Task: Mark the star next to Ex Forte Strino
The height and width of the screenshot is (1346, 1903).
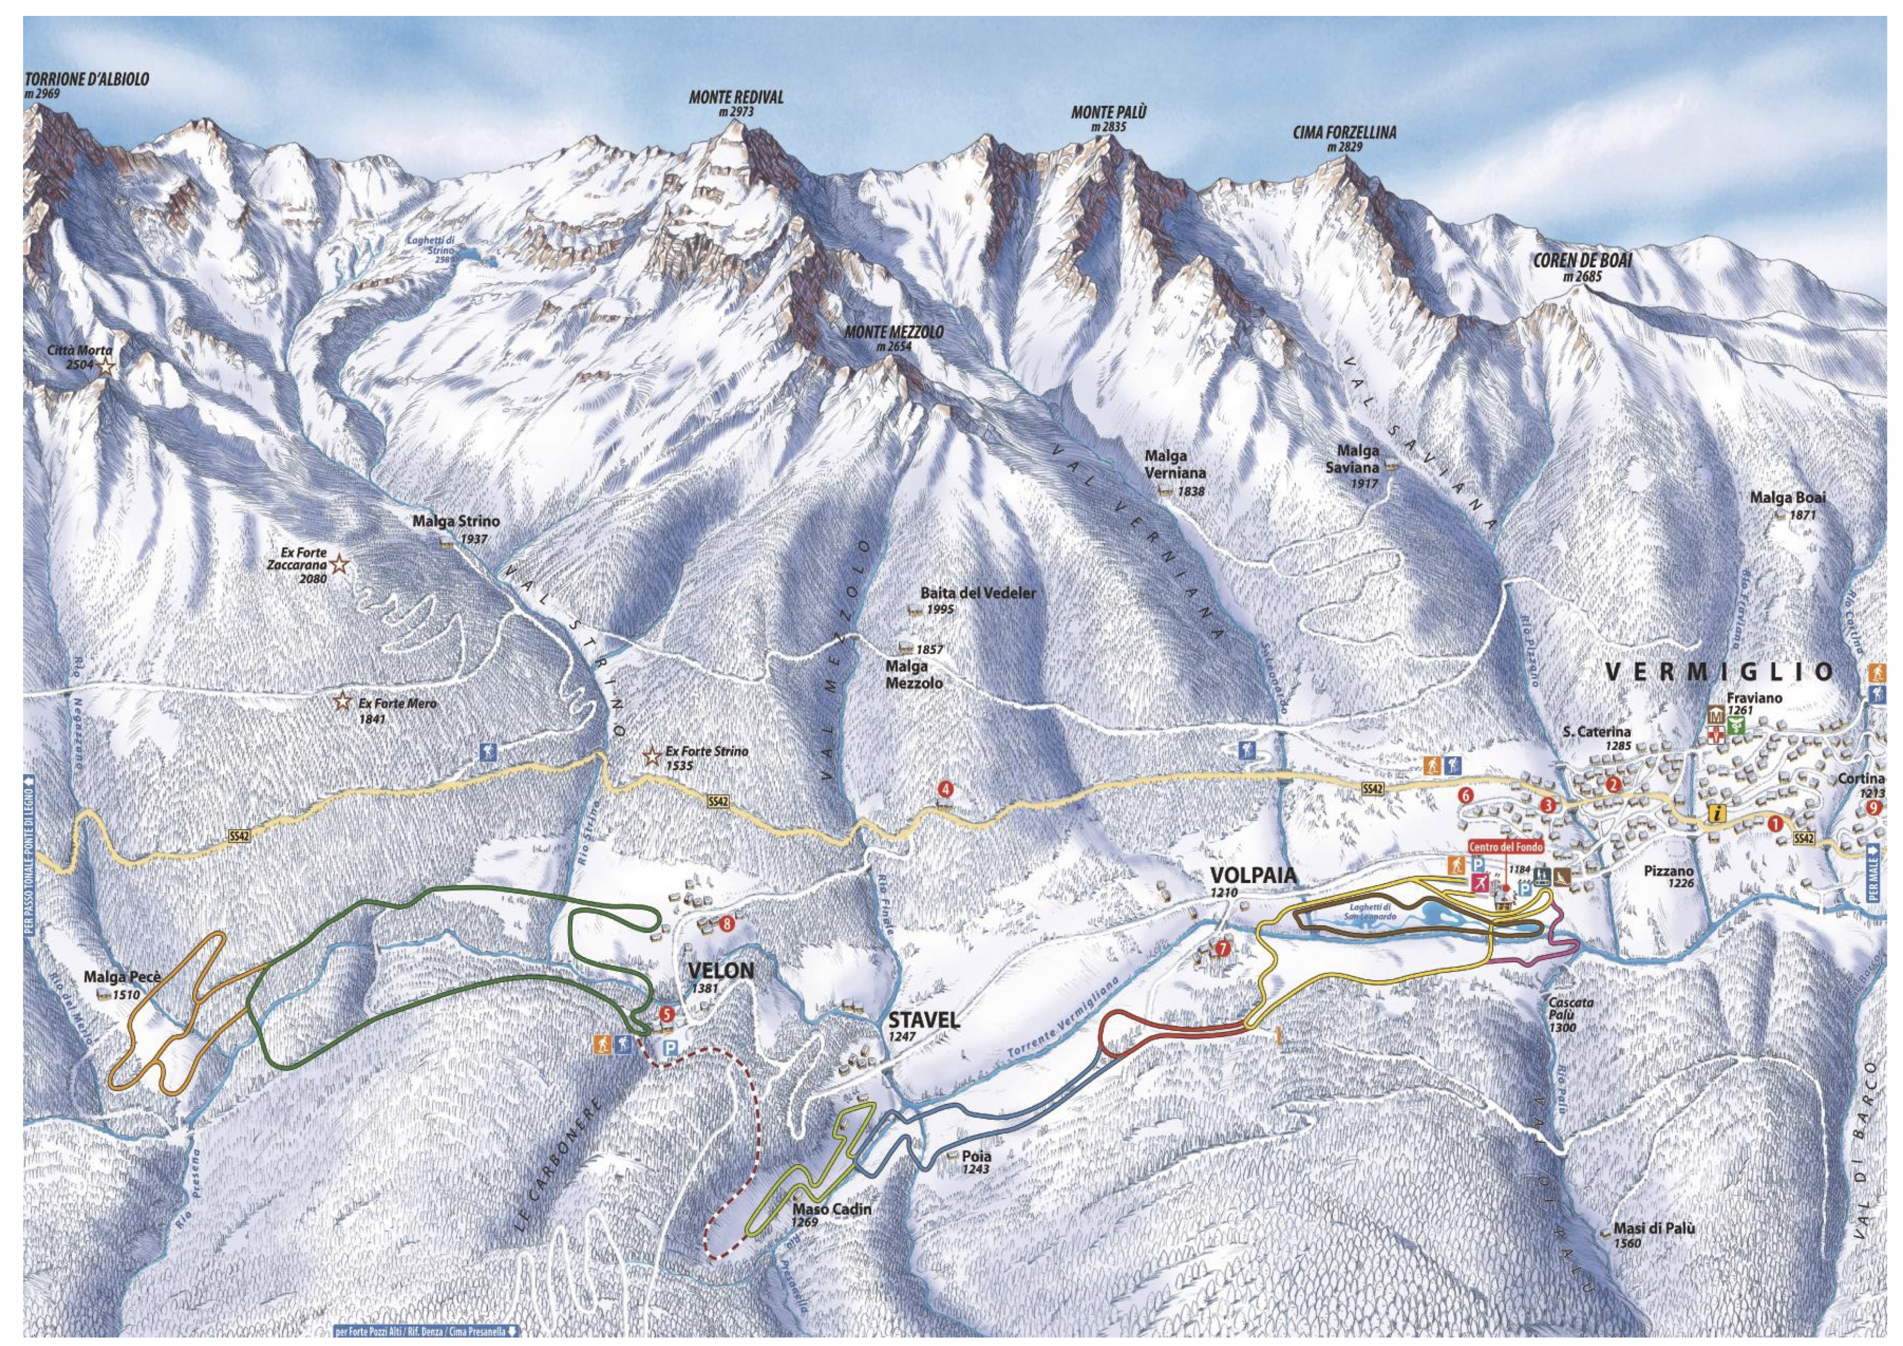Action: coord(652,756)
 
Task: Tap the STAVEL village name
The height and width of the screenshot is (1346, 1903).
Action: coord(923,1021)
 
